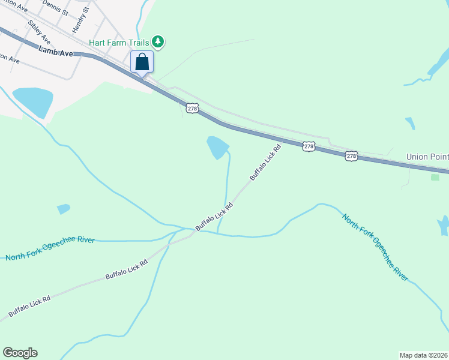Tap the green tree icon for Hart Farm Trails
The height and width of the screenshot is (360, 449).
tap(158, 41)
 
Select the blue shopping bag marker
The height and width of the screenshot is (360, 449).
tap(142, 62)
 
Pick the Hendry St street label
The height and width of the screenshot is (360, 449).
tap(80, 20)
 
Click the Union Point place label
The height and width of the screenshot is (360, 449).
tap(427, 157)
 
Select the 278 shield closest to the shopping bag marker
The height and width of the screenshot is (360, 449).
tap(192, 108)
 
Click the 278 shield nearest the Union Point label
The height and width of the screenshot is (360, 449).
tap(352, 156)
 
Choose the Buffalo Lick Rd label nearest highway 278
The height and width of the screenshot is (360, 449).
tap(265, 163)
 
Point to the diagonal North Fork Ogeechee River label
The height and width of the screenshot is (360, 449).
tap(375, 247)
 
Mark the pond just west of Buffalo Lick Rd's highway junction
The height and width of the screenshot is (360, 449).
tap(217, 147)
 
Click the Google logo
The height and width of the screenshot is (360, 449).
tap(20, 353)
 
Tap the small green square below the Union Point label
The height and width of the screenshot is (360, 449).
tap(435, 177)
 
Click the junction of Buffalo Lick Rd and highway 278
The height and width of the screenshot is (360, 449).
tap(282, 139)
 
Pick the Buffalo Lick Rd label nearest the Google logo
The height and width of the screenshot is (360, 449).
tap(29, 306)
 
